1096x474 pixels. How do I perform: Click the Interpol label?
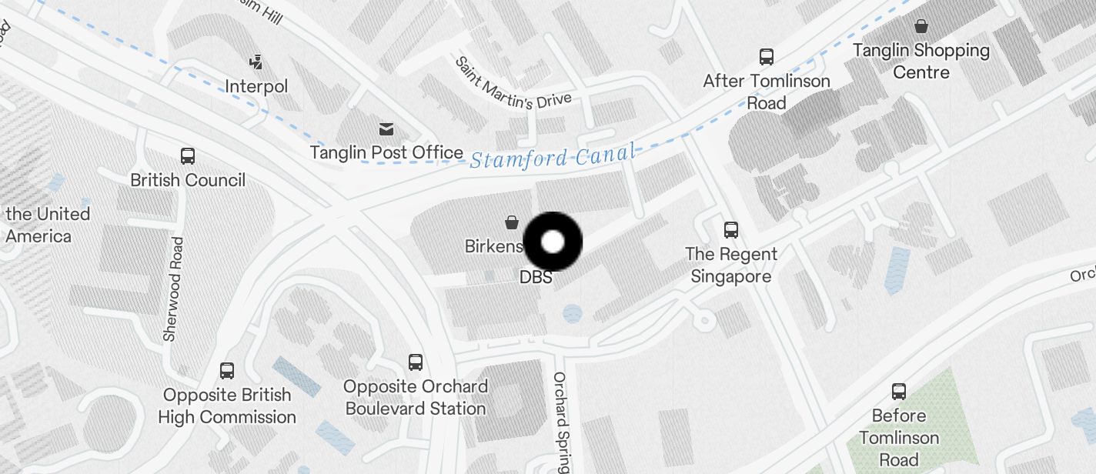coord(256,86)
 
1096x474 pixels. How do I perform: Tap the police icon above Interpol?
coord(256,62)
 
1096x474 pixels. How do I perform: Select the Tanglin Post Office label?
coord(386,152)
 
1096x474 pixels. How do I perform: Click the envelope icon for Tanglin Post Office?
coord(386,129)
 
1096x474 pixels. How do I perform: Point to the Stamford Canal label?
coord(553,157)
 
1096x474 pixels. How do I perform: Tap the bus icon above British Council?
coord(188,156)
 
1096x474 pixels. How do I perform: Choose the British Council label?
coord(188,180)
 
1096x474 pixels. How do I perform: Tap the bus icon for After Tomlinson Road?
coord(767,57)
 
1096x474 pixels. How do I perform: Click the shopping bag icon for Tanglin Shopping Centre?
coord(921,27)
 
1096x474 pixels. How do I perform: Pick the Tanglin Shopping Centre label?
coord(921,62)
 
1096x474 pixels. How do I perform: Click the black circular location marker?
coord(553,242)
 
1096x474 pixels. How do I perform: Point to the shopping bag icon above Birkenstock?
coord(511,222)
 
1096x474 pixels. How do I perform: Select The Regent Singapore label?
coord(731,265)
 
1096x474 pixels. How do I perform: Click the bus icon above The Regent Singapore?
coord(731,229)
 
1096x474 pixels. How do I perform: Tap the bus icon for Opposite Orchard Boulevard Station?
coord(416,362)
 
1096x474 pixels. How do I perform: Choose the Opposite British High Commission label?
coord(227,406)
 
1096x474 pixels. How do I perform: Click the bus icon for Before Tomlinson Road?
coord(899,392)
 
